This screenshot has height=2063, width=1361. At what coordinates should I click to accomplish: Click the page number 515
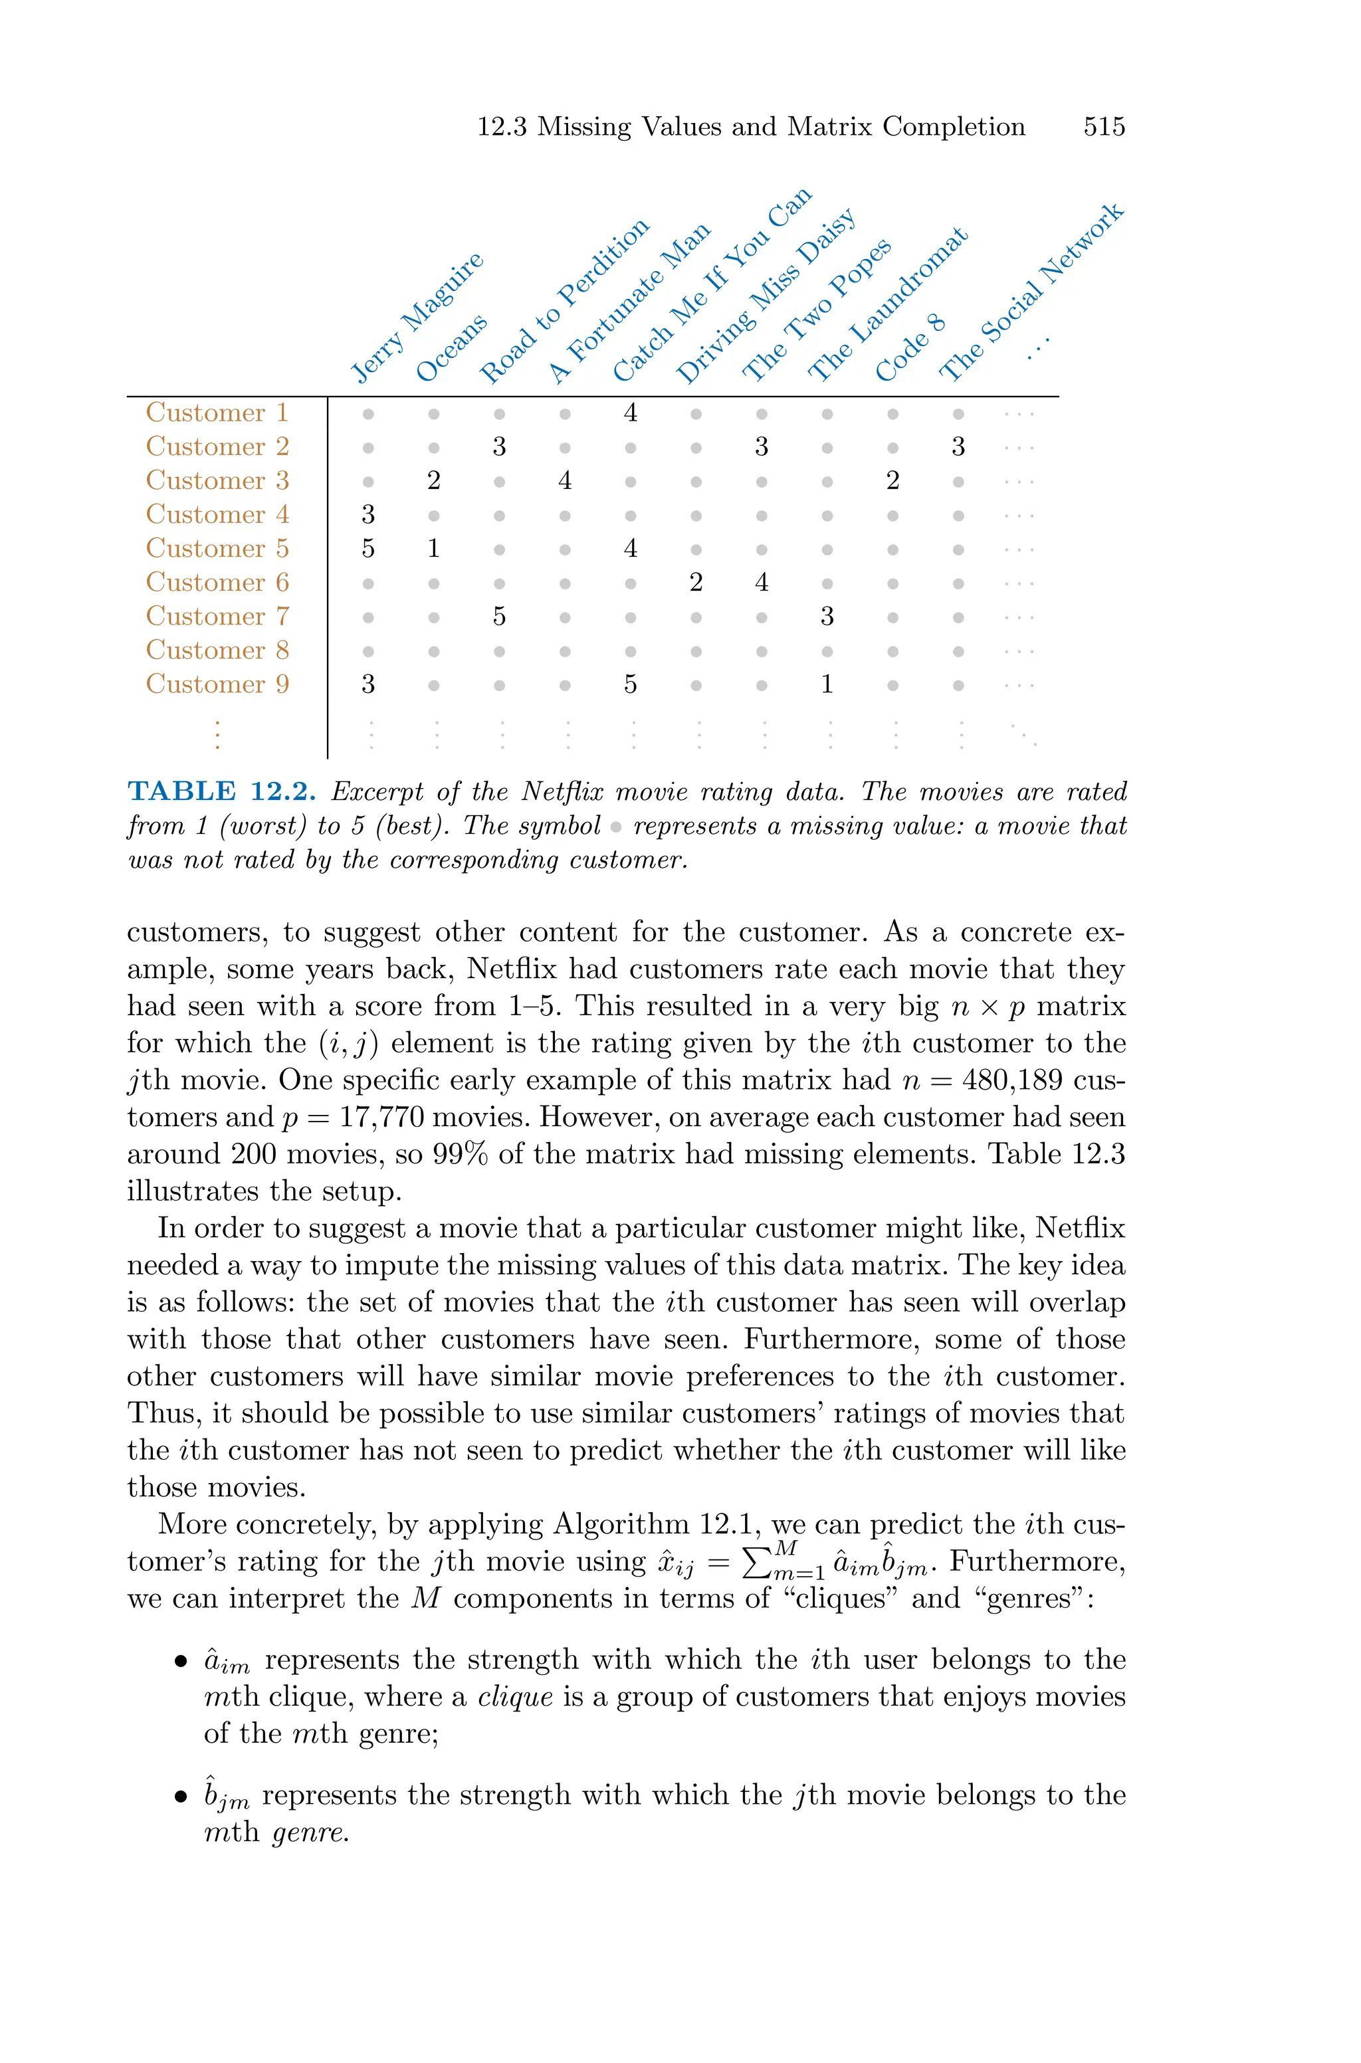1103,127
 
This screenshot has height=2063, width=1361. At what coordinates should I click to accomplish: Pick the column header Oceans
451,348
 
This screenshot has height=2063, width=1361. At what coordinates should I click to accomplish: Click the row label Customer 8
217,650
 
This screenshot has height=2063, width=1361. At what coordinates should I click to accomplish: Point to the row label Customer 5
217,548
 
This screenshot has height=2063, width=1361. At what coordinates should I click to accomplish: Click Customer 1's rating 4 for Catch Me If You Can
630,413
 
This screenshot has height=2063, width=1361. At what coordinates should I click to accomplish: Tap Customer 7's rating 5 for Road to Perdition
499,617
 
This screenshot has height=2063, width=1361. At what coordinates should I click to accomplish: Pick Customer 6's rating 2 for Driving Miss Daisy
695,583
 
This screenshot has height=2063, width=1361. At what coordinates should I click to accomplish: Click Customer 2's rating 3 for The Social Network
958,446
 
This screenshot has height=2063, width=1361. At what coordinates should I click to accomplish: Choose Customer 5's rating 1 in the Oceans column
433,548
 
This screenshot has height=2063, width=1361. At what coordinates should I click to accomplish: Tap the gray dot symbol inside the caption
616,827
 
